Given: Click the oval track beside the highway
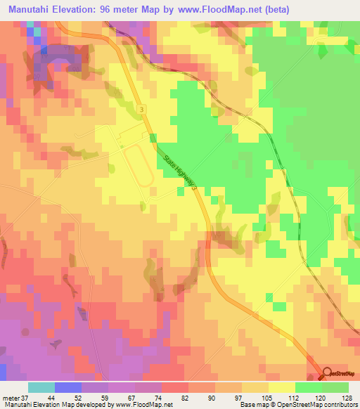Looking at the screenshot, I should pos(139,166).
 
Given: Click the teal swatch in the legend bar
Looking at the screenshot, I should pos(41,387).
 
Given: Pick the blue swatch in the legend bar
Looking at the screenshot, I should pos(68,387).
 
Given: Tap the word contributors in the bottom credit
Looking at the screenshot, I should pos(340,405).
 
